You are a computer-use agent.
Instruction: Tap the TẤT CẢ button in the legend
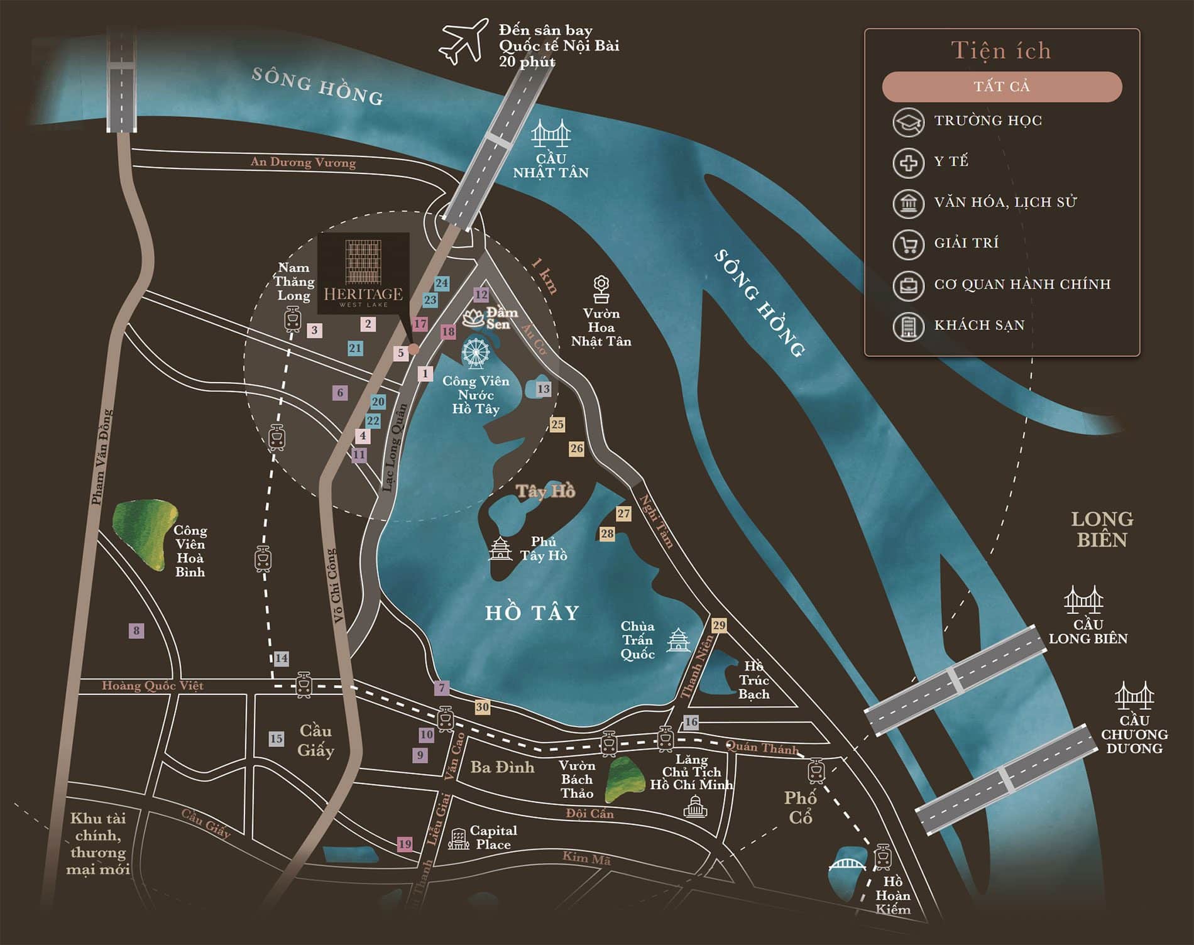click(x=1002, y=87)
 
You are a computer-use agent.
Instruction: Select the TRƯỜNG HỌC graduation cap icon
click(x=908, y=121)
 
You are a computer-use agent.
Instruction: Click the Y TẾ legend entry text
click(x=951, y=161)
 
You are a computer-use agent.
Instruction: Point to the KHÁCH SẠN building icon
click(x=908, y=325)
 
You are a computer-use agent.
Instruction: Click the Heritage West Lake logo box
click(x=363, y=273)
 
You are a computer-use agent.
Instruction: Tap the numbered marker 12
click(x=481, y=294)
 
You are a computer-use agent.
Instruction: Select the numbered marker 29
click(x=719, y=625)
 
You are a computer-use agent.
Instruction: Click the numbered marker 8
click(x=136, y=630)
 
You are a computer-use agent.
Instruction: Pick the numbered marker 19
click(x=405, y=844)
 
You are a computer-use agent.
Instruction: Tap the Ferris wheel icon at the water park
click(x=476, y=353)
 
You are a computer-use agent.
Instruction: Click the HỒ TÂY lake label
click(x=532, y=613)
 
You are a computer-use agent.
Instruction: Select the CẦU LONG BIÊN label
click(x=1088, y=631)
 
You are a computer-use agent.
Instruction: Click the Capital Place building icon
click(x=458, y=838)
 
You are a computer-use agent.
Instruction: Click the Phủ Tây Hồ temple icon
click(x=501, y=549)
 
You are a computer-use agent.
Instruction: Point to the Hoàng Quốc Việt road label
click(x=153, y=686)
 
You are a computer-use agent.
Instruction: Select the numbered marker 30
click(x=482, y=707)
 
